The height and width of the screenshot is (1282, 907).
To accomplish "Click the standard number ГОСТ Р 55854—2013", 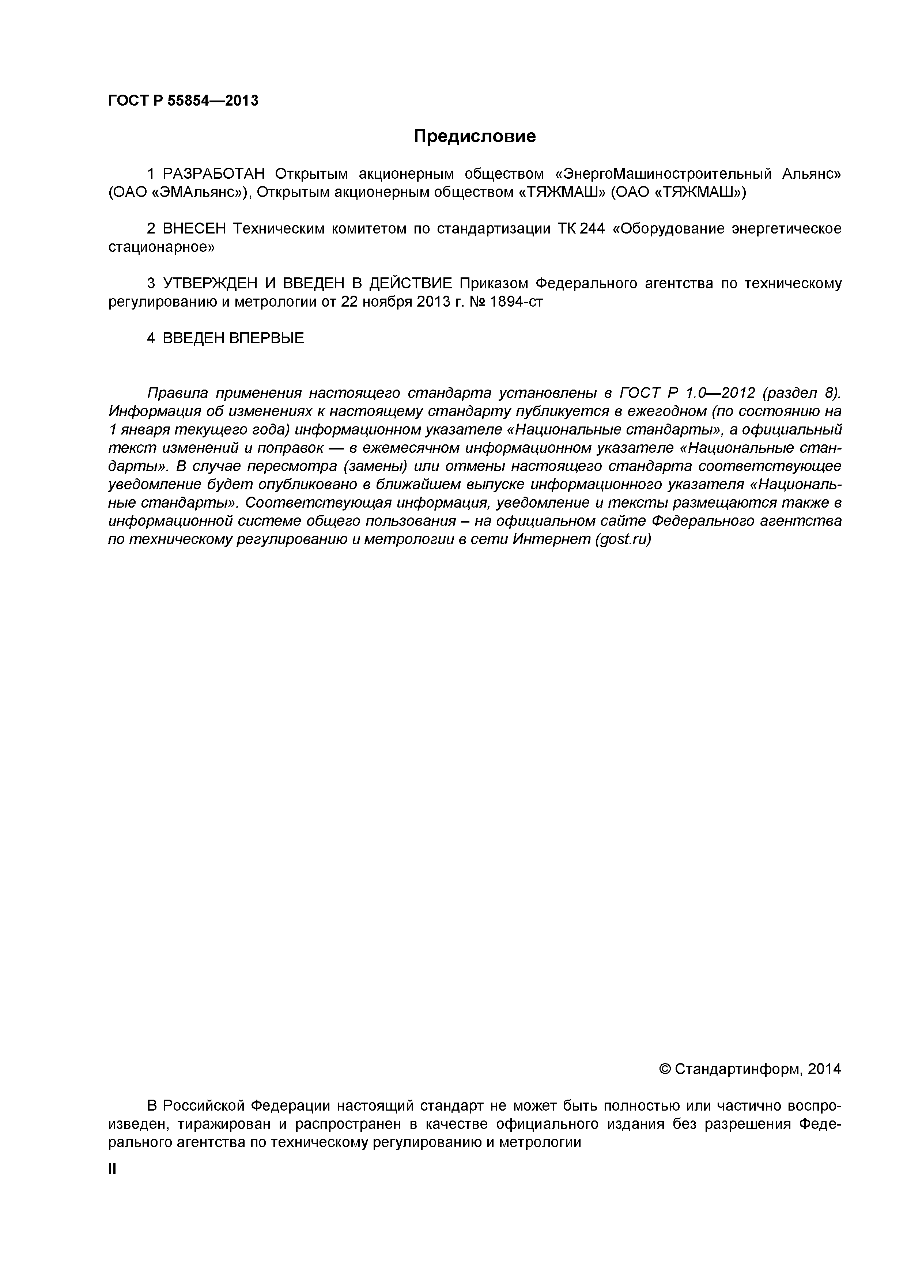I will (183, 100).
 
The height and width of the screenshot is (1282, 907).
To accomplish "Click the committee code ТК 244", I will (581, 229).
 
